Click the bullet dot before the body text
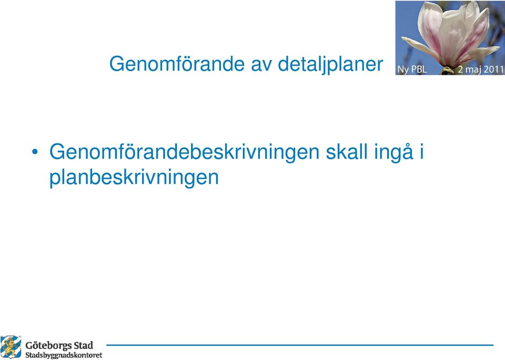(35, 151)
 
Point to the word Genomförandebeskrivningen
(184, 152)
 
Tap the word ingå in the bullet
(393, 152)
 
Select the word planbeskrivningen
(134, 178)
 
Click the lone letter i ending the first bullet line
(421, 152)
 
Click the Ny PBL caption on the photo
(412, 69)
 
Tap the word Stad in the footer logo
(84, 345)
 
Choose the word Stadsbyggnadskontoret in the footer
(64, 355)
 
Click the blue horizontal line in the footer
(300, 345)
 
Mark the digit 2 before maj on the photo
(460, 69)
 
